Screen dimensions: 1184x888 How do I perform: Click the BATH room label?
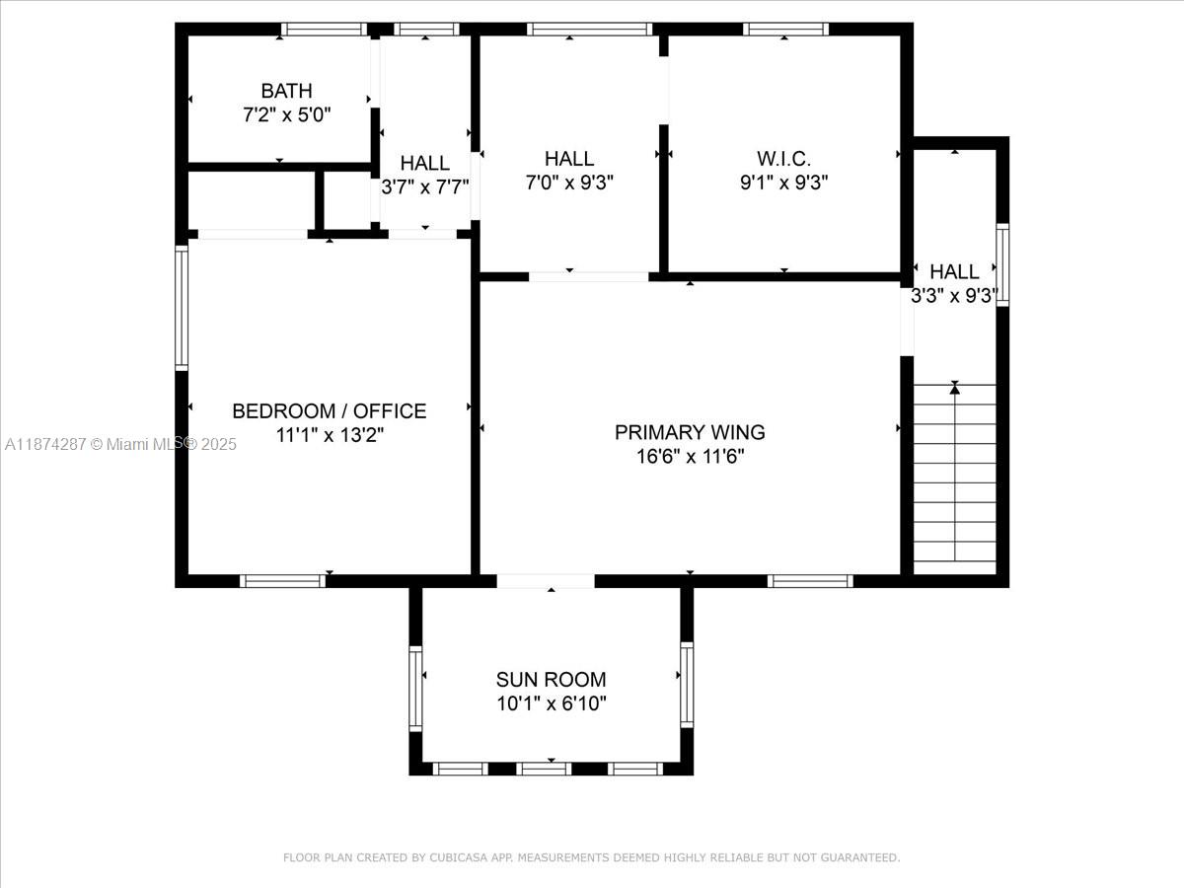coord(286,91)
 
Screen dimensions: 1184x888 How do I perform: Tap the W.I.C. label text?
coord(783,159)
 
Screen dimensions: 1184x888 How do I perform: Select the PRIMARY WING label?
coord(690,432)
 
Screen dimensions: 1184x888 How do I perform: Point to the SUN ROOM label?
coord(552,680)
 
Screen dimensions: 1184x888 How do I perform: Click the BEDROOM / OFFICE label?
coord(330,410)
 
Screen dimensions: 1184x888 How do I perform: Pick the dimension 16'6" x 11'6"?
coord(690,456)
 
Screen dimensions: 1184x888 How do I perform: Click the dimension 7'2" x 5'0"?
coord(286,114)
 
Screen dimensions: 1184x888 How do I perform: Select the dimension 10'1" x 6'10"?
coord(552,703)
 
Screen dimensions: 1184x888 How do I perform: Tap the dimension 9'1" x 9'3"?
coord(783,183)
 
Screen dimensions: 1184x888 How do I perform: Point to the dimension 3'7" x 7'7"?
coord(425,186)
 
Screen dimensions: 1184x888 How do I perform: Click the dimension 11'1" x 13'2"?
coord(330,434)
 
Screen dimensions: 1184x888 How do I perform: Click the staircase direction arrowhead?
coord(955,388)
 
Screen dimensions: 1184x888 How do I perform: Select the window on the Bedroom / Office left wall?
coord(182,308)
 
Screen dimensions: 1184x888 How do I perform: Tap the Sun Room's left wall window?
coord(415,689)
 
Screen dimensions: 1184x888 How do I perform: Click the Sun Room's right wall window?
coord(687,685)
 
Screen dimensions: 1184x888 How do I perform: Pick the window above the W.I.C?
coord(785,30)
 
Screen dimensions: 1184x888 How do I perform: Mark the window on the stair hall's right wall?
coord(1002,264)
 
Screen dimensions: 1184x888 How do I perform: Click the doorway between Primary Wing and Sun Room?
coord(546,581)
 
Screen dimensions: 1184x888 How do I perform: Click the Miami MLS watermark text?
coord(120,444)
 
